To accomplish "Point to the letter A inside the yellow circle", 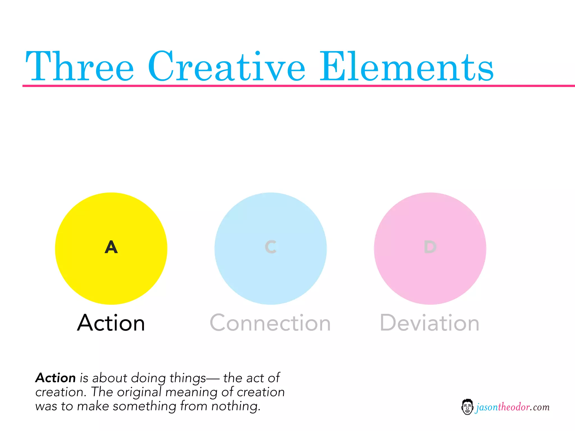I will click(111, 247).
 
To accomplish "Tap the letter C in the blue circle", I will click(271, 247).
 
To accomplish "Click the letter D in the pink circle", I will click(430, 247).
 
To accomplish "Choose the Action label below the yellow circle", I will click(111, 323).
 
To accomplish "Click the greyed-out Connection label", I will click(270, 323).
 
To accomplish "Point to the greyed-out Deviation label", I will click(430, 323).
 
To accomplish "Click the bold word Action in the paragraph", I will click(56, 378).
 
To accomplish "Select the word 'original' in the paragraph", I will click(139, 392).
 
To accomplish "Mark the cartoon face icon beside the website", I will click(467, 407).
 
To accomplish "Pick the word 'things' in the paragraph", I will click(188, 378).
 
